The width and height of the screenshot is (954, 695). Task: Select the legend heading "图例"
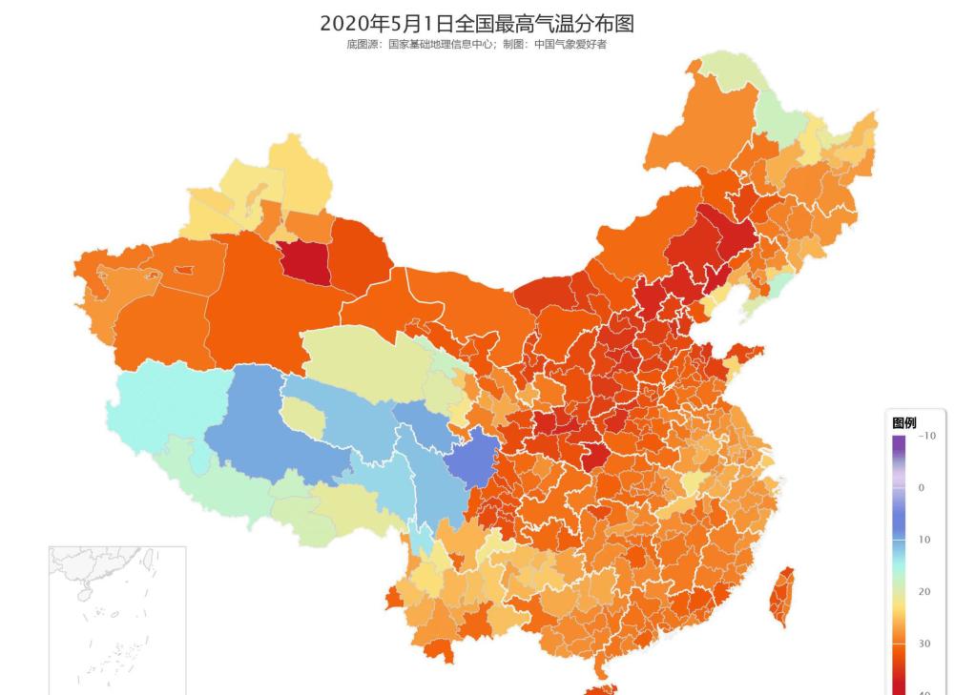904,422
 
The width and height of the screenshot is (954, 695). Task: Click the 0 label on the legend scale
922,488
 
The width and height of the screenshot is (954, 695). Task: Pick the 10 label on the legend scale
923,540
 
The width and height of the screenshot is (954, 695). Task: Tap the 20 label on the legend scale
923,592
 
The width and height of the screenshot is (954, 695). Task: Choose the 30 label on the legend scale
923,644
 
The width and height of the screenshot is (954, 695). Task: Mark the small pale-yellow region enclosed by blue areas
302,416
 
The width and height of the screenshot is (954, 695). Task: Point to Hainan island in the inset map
84,593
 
